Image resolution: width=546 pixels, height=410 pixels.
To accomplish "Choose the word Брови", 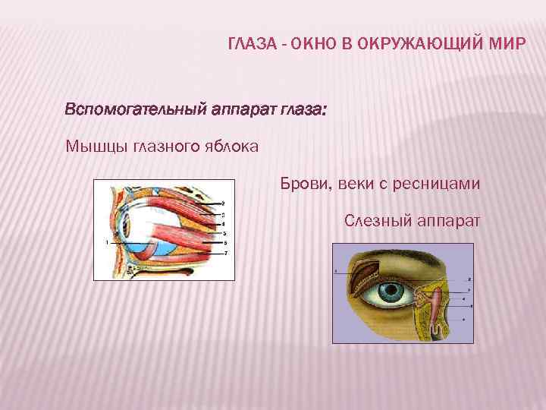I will (x=303, y=184).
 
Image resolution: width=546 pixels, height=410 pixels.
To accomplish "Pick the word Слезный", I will (x=376, y=221).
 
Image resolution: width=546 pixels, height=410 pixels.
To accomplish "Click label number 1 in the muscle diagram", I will (x=108, y=242).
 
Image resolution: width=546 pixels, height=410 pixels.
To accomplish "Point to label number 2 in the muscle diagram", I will (x=222, y=203).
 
